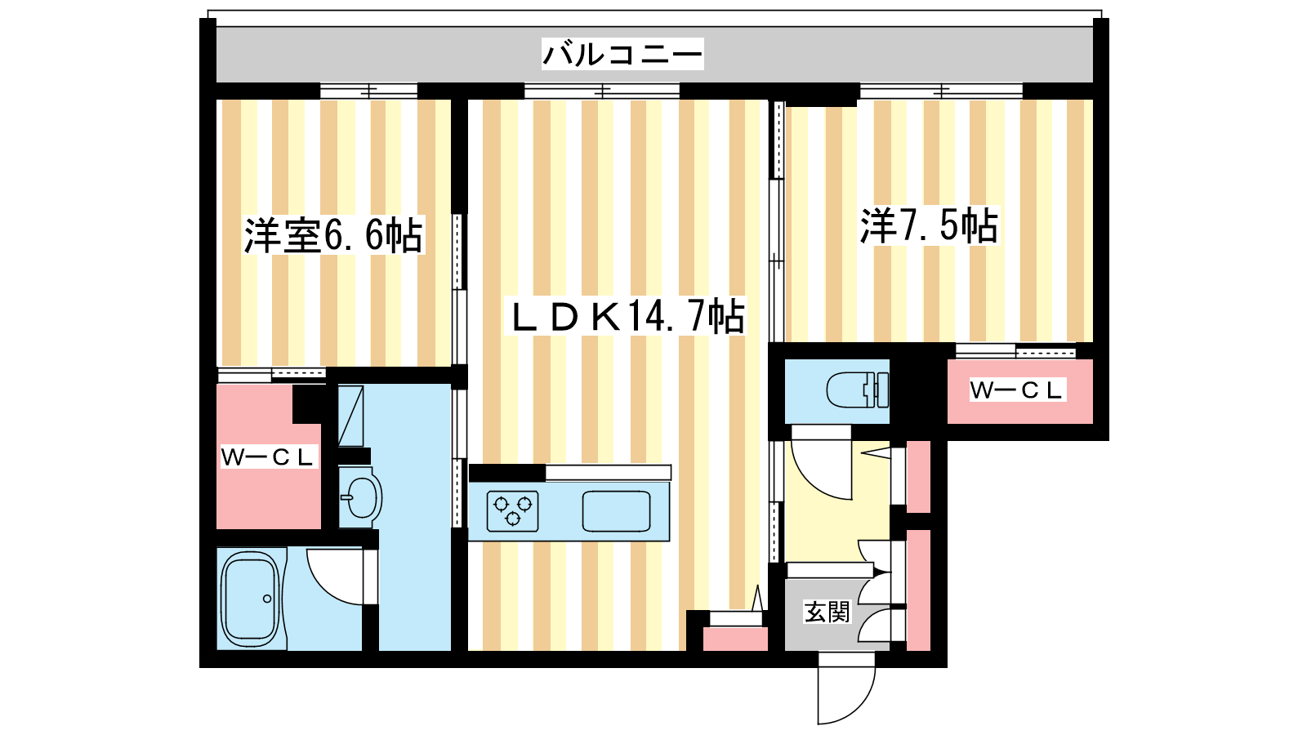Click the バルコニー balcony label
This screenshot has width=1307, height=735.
coord(622,54)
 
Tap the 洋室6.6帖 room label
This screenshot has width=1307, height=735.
coord(333,236)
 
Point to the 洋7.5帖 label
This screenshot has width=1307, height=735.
coord(929,225)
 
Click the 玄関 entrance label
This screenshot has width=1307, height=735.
coord(827,612)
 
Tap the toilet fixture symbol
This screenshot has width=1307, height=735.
coord(858,389)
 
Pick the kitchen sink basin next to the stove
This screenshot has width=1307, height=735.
coord(616,511)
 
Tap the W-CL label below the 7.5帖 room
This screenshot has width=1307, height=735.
coord(1016,390)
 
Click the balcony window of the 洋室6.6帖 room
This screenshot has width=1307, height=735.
coord(368,91)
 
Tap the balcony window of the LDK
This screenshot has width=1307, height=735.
coord(602,91)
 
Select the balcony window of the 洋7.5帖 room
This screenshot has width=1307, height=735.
coord(941,91)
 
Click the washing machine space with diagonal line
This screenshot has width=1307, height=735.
coord(350,416)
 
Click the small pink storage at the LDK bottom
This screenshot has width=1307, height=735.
coord(735,639)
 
